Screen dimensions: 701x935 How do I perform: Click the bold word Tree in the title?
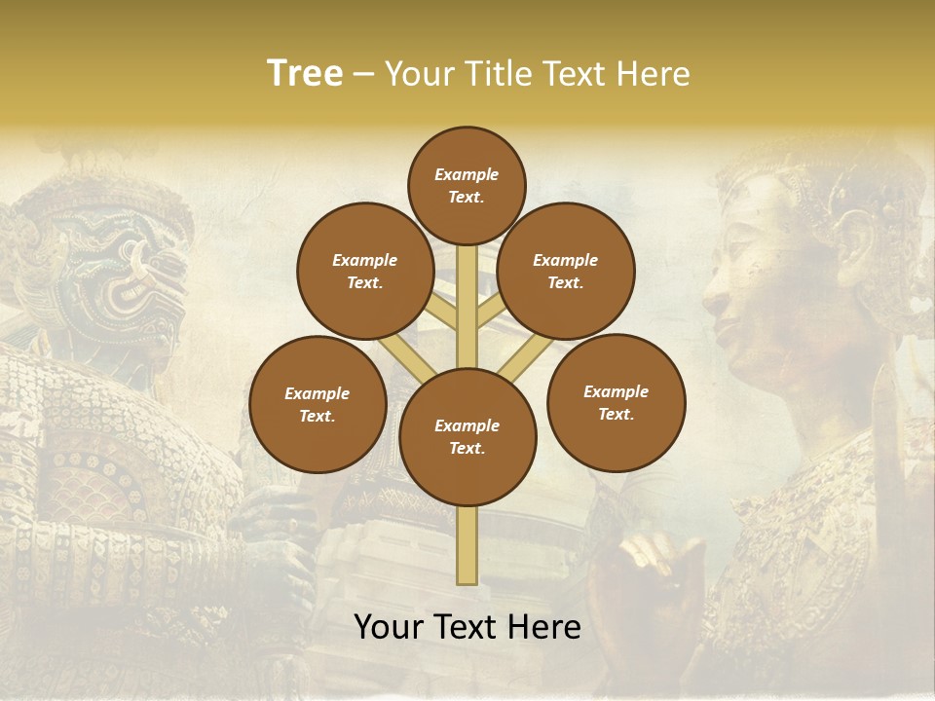click(304, 73)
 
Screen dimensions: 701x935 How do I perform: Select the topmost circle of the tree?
click(467, 185)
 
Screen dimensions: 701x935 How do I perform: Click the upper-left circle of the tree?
click(365, 272)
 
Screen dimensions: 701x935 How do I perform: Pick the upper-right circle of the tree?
click(566, 272)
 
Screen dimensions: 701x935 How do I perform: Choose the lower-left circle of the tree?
click(318, 404)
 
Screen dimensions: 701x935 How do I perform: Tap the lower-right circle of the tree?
click(616, 402)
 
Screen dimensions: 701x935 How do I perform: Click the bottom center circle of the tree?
click(467, 437)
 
